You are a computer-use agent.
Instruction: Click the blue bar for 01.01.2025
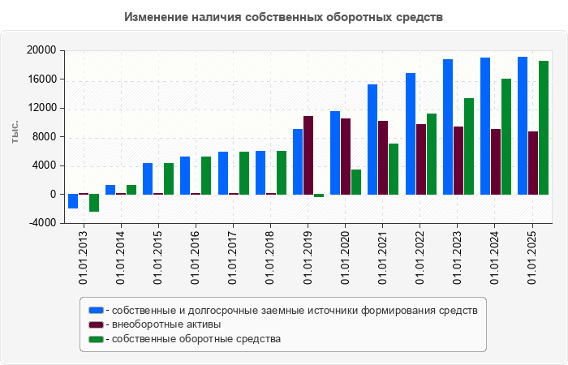tap(523, 126)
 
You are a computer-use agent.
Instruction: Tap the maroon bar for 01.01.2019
tap(308, 155)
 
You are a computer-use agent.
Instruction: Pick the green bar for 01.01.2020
tap(356, 182)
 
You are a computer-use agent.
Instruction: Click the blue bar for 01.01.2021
tap(372, 140)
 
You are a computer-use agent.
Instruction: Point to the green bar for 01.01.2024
tap(506, 136)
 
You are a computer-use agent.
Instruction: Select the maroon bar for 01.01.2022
tap(421, 159)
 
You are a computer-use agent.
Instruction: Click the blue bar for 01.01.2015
tap(148, 178)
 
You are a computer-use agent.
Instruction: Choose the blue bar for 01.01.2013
tap(73, 201)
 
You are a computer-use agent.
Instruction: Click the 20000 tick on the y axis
tap(41, 50)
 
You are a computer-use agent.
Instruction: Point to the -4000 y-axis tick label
tap(41, 223)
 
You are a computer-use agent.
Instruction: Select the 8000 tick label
tap(44, 137)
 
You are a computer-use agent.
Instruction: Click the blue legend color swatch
tap(96, 310)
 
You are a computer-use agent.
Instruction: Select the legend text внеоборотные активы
tap(167, 324)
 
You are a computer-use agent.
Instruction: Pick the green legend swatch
tap(96, 339)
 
